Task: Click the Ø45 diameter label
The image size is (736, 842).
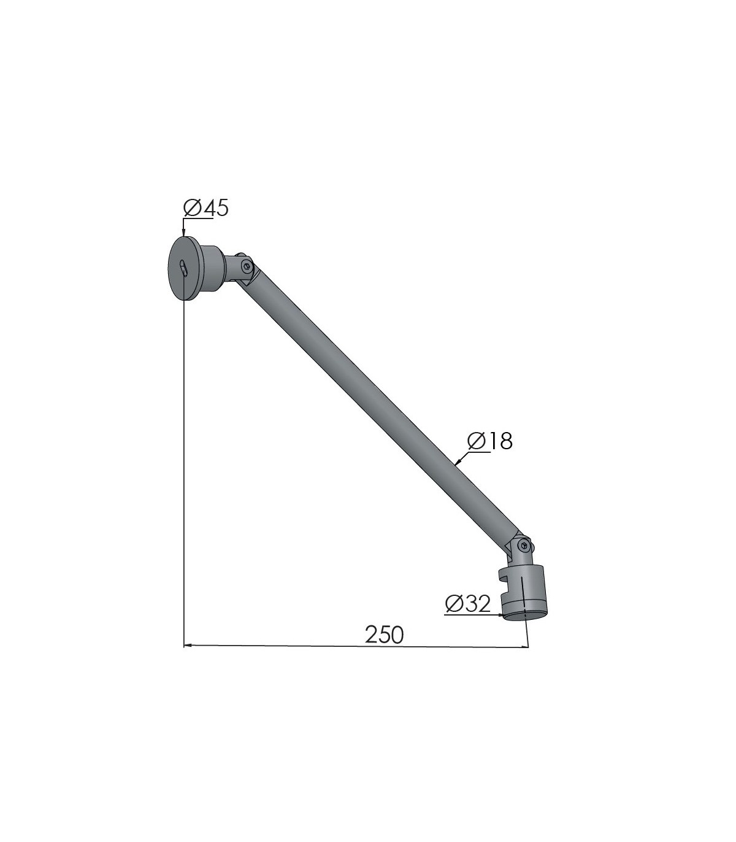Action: tap(205, 208)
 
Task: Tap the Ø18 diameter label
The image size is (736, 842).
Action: tap(490, 441)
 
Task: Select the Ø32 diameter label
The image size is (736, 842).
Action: tap(468, 604)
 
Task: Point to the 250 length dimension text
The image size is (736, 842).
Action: tap(385, 635)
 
